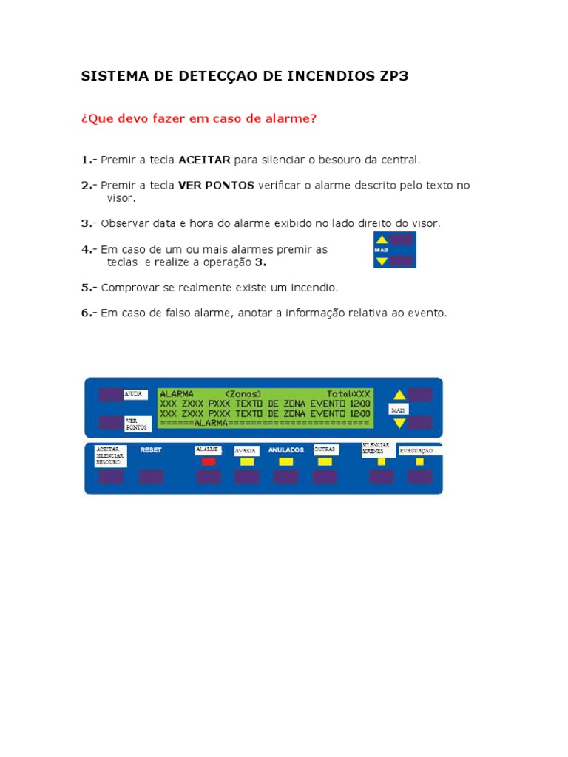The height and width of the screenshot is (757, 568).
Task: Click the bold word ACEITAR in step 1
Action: [x=205, y=160]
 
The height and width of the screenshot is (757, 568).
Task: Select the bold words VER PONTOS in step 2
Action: [x=216, y=185]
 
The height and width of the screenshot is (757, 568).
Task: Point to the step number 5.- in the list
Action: [x=89, y=287]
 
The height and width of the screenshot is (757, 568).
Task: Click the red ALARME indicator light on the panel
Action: [x=209, y=461]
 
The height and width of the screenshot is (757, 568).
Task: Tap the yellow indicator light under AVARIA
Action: [x=247, y=461]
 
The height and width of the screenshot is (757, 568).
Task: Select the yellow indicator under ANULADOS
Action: [x=285, y=461]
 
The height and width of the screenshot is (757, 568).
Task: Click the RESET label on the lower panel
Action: [x=151, y=449]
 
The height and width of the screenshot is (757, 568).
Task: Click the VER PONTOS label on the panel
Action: [x=136, y=424]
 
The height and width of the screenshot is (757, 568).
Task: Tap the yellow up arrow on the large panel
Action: [x=399, y=395]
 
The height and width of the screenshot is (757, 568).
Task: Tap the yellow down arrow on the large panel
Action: [x=399, y=423]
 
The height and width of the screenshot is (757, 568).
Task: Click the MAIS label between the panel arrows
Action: [x=399, y=409]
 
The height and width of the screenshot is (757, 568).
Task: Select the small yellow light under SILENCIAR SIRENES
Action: [x=381, y=461]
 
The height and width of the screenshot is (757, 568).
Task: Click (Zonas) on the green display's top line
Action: [x=243, y=394]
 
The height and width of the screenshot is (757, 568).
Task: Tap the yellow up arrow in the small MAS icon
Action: [x=382, y=240]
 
